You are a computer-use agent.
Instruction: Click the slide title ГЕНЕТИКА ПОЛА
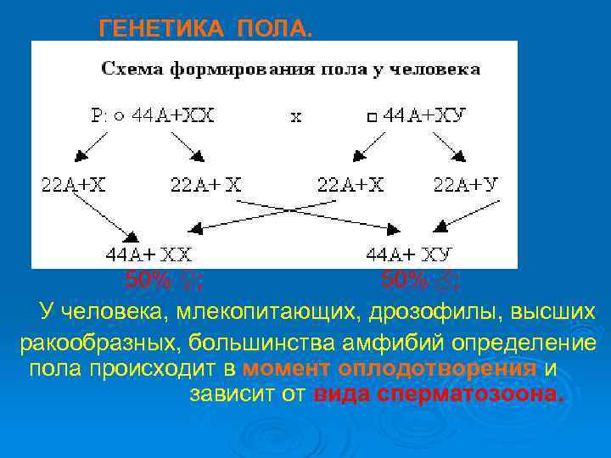pos(205,30)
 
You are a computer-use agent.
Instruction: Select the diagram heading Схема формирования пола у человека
pos(291,69)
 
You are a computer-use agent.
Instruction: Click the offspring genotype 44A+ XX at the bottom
pos(149,253)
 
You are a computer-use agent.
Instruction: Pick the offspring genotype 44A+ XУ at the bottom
pos(409,253)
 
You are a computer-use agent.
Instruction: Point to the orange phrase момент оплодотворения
pos(389,370)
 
